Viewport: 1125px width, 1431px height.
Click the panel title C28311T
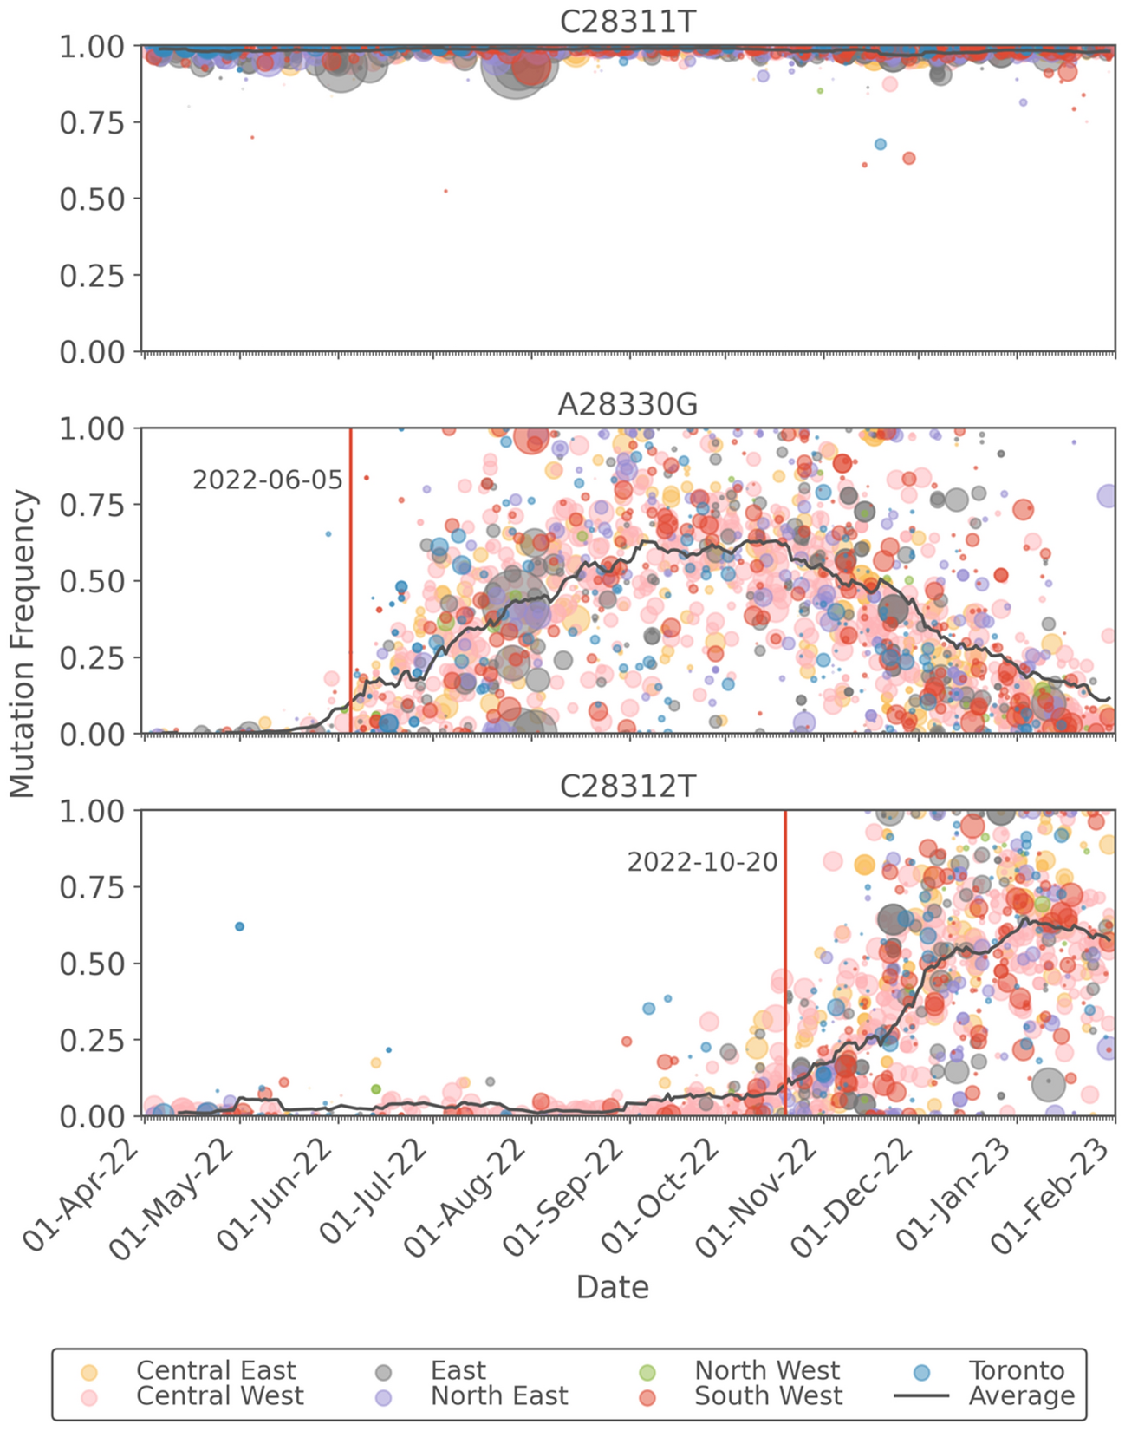[x=628, y=21]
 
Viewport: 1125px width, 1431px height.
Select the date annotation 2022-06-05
[x=267, y=480]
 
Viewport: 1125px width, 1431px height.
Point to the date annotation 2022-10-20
[x=702, y=862]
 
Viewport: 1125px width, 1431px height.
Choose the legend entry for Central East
[x=215, y=1370]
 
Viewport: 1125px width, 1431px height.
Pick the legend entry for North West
[x=766, y=1370]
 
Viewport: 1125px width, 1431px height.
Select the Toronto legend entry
[x=1016, y=1370]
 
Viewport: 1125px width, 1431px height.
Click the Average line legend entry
[x=1021, y=1395]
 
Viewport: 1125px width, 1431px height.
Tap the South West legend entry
[x=768, y=1395]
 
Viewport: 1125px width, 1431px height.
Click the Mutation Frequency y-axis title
[x=23, y=644]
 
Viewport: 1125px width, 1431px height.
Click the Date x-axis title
[x=612, y=1286]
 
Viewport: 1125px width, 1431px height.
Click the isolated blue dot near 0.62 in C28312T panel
[x=240, y=926]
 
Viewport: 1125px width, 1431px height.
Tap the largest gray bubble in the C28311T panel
[x=515, y=69]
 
